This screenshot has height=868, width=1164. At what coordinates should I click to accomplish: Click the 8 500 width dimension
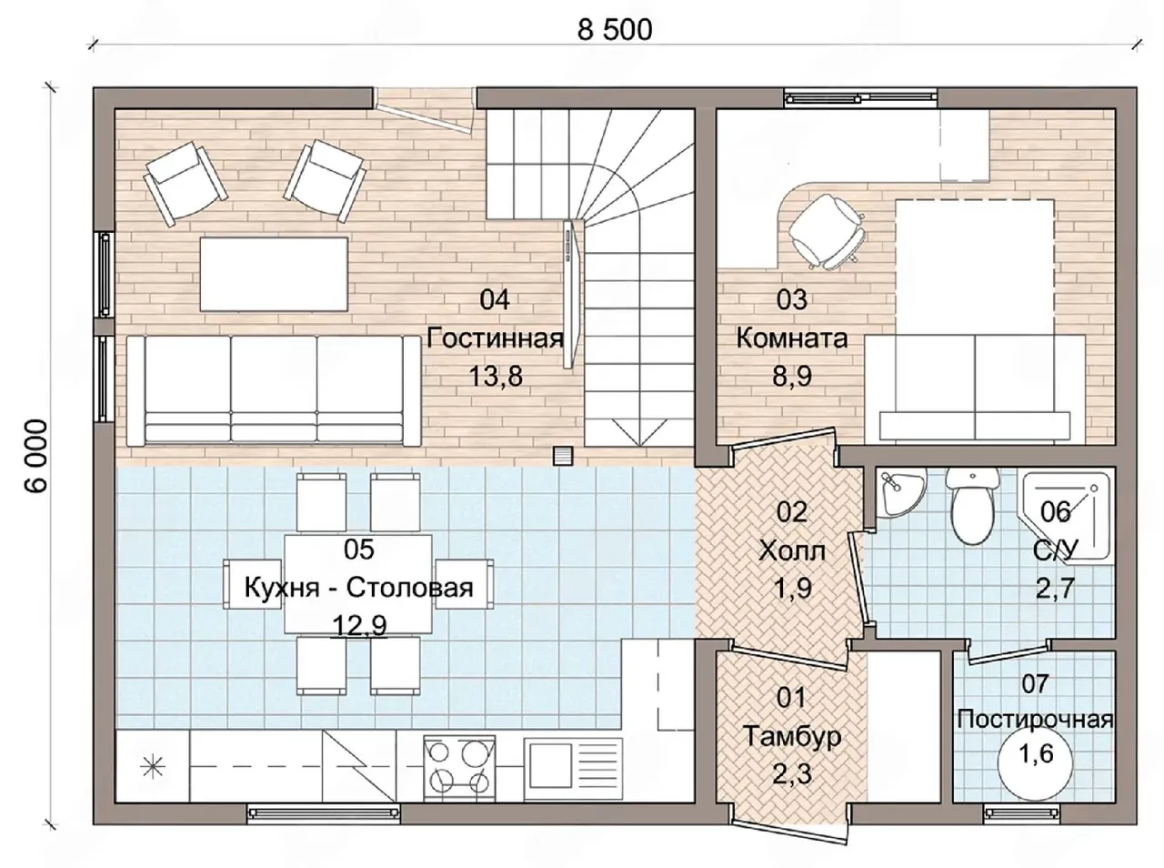615,30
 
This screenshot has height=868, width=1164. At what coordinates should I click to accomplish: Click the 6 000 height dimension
36,457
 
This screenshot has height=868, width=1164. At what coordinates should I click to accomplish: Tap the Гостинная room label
495,338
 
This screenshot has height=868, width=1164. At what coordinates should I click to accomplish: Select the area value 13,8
496,376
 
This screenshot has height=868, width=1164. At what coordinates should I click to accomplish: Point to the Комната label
792,338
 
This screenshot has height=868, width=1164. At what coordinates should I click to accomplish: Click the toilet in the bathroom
972,505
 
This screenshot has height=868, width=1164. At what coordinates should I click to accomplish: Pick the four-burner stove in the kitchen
459,767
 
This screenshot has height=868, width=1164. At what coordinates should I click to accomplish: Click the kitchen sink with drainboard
573,769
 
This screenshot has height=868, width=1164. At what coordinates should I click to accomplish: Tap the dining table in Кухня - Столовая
358,583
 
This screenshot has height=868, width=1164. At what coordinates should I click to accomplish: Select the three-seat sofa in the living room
273,390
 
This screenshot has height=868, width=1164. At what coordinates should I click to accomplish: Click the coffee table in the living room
274,274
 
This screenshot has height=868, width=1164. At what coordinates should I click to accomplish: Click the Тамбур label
792,736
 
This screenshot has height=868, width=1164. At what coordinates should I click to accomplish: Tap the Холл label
792,551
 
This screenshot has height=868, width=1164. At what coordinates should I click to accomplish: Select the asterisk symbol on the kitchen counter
153,767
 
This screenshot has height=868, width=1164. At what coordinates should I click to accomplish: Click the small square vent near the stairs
563,456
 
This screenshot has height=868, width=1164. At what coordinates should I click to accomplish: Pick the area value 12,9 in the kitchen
359,625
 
